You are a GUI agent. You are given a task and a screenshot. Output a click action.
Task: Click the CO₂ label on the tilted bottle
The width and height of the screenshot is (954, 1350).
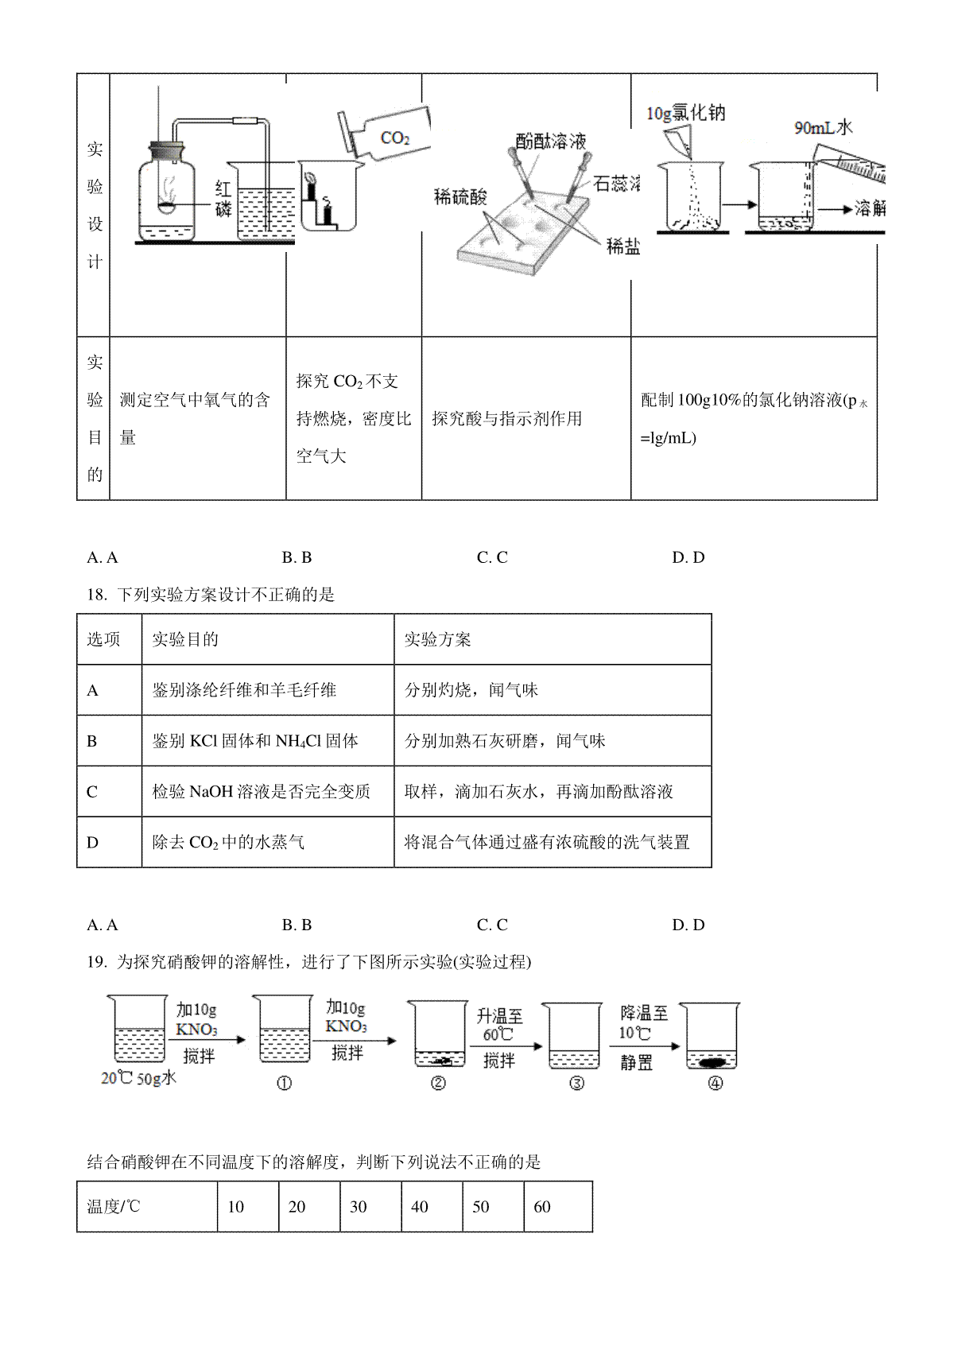[395, 138]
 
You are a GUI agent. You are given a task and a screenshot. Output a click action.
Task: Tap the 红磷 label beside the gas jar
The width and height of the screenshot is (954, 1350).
[223, 199]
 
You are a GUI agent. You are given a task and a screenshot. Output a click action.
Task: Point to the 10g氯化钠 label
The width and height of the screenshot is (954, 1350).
[686, 114]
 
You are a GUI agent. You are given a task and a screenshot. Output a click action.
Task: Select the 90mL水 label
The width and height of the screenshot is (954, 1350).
[824, 128]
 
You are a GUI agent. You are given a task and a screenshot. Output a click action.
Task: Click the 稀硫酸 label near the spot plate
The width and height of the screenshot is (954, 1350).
[460, 197]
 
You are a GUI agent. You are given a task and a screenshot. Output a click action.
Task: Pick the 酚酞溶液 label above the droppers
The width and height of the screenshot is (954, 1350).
[551, 142]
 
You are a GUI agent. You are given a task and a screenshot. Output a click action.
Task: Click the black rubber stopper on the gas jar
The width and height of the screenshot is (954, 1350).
[167, 150]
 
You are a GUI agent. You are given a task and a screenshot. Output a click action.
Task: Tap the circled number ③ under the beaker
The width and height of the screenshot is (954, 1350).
[576, 1083]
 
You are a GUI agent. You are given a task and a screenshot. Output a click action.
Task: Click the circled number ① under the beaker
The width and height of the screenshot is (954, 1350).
[284, 1083]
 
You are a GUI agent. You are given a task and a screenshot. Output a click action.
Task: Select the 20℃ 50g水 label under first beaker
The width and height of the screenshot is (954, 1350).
[138, 1078]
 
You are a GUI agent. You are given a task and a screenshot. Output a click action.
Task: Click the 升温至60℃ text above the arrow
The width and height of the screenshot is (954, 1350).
[499, 1026]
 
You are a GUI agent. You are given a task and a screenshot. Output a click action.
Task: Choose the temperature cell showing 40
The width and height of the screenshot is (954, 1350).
[432, 1207]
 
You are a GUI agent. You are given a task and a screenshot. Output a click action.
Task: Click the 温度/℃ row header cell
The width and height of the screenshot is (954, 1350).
[147, 1207]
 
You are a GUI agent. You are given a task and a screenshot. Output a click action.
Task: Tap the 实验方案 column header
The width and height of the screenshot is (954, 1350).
[437, 639]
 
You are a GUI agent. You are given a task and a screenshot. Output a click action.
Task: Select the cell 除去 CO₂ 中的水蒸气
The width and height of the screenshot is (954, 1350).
[268, 842]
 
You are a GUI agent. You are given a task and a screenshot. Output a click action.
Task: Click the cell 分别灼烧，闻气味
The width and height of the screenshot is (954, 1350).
[553, 690]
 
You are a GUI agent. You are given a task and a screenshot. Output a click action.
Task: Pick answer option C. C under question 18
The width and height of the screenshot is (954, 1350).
[492, 925]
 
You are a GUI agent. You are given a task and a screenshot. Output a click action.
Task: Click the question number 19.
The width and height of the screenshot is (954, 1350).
[97, 962]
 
